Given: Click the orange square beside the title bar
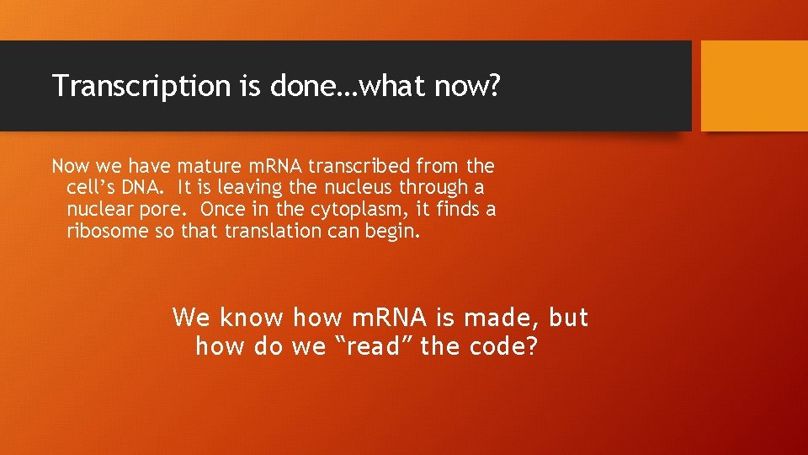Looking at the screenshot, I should pyautogui.click(x=754, y=86).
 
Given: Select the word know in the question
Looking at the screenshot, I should pyautogui.click(x=251, y=318).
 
